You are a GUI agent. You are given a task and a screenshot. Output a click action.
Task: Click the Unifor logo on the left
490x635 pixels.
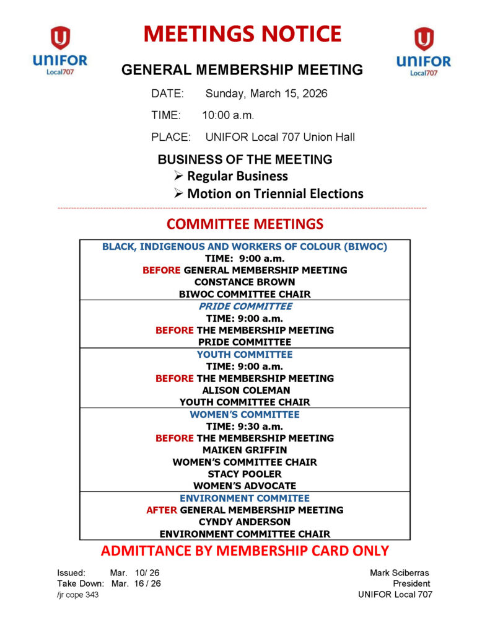[60, 51]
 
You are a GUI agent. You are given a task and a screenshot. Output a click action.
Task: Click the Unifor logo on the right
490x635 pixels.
[424, 51]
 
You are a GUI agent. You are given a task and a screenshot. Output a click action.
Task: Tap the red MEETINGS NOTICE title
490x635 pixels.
[242, 34]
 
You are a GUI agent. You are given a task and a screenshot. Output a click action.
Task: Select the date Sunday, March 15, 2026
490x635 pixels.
[266, 94]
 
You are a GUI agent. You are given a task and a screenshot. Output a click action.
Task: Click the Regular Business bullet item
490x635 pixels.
[237, 176]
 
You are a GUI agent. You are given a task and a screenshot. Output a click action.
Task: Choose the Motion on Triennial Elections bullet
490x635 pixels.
[275, 193]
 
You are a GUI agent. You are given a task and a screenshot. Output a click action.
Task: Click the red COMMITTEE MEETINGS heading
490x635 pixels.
[245, 224]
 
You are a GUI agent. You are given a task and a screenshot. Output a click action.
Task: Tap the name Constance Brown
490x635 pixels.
[245, 282]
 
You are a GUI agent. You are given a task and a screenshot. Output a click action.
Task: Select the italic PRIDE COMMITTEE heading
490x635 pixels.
[245, 306]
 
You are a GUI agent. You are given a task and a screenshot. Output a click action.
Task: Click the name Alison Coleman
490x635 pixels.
[245, 390]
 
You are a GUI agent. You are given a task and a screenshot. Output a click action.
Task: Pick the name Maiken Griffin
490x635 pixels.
[245, 450]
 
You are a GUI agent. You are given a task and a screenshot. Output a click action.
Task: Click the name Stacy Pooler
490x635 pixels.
[245, 474]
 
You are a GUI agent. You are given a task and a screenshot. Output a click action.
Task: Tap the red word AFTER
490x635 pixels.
[161, 510]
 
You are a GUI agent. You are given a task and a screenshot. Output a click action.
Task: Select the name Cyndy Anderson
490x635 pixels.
[245, 522]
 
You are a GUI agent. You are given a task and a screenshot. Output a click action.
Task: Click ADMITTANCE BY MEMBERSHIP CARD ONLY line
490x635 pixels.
[245, 551]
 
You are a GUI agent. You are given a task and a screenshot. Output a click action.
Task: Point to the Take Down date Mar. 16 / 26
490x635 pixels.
[136, 584]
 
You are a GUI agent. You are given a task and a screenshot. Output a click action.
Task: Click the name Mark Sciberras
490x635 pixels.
[399, 572]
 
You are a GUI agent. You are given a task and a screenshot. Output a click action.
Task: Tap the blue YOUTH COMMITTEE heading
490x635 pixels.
[245, 355]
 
